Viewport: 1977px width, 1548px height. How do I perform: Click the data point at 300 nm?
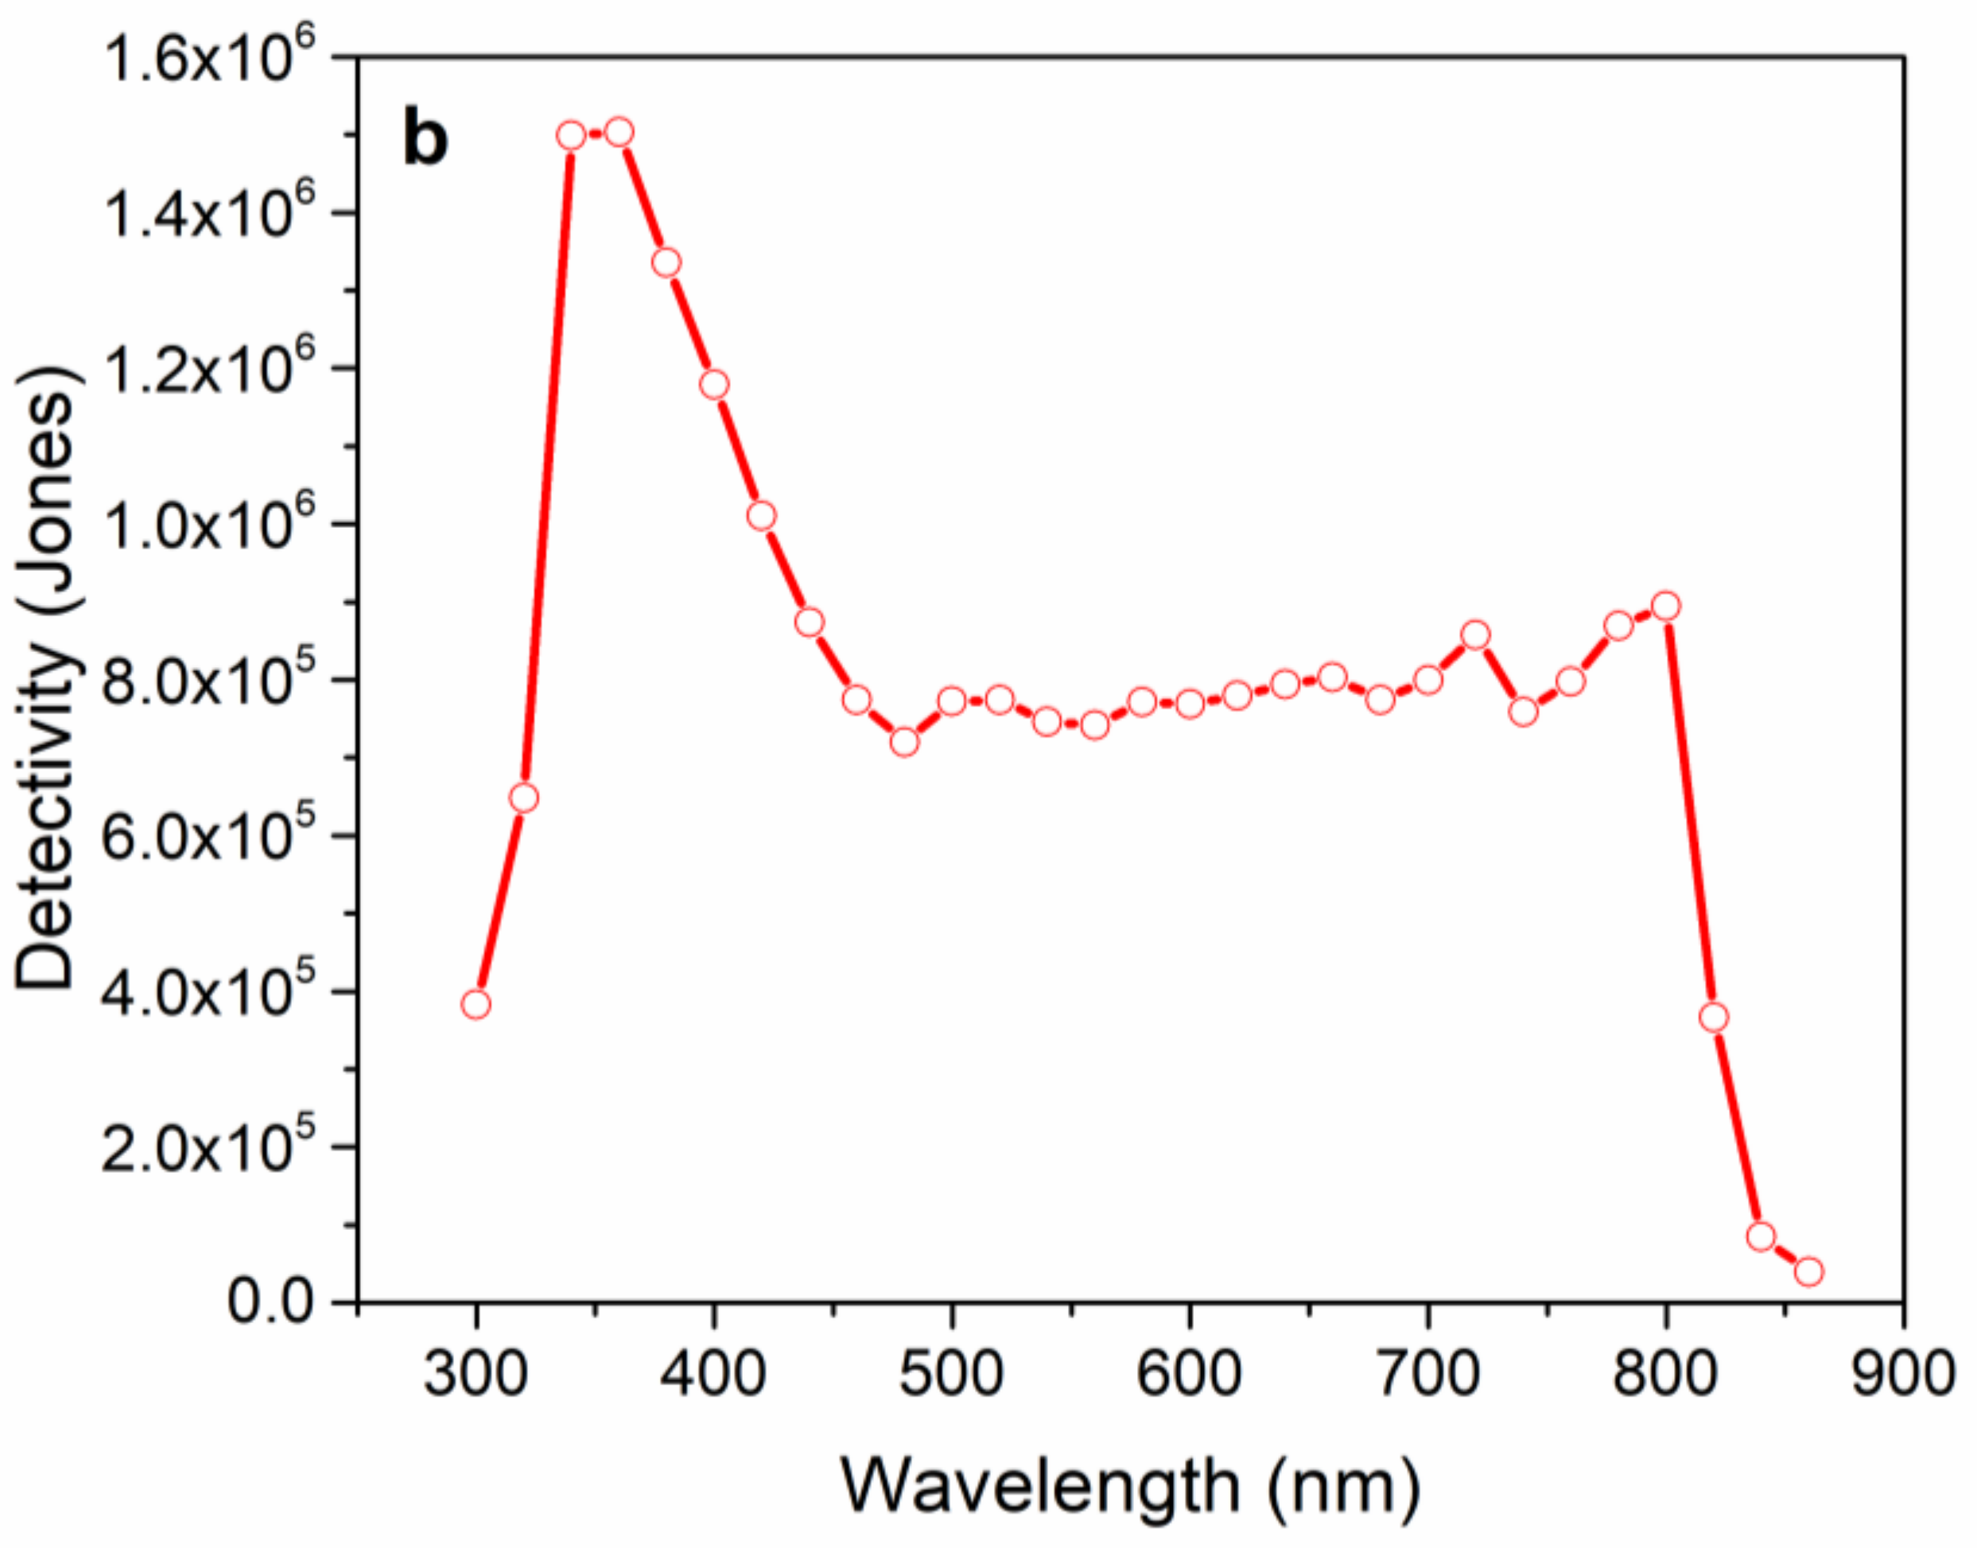(x=476, y=1004)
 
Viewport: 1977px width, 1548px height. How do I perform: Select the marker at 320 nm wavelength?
(x=524, y=798)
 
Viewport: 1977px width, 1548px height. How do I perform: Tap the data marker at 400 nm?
(x=714, y=385)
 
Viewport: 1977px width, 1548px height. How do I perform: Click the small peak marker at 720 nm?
(x=1476, y=635)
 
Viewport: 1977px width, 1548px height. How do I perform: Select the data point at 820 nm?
(x=1714, y=1018)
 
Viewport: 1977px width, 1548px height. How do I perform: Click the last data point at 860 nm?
(x=1809, y=1271)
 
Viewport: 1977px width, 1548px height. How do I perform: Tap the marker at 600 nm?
(x=1190, y=704)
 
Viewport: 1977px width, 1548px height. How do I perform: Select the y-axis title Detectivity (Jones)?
(x=45, y=680)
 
